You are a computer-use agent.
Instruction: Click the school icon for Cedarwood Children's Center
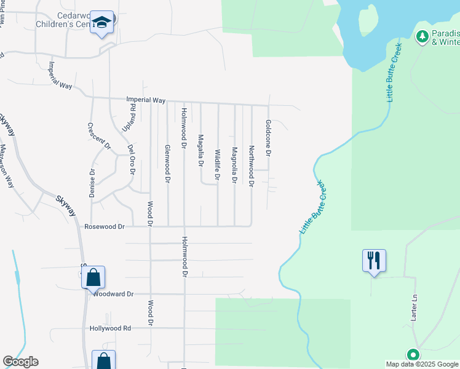pos(101,24)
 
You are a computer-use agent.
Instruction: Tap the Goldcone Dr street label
pos(268,137)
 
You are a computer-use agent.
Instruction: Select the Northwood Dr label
pos(252,165)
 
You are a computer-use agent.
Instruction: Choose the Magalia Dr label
pos(200,151)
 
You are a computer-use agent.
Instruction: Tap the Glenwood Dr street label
pos(167,163)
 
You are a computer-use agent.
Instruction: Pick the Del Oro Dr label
pos(131,159)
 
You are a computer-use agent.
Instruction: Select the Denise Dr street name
pos(93,183)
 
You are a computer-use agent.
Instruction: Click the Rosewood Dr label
pos(105,227)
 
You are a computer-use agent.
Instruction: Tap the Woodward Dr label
pos(114,294)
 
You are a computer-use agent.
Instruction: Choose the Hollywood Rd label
pos(110,328)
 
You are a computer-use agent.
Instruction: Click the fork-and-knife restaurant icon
pos(374,260)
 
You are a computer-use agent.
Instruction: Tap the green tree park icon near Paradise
pos(422,37)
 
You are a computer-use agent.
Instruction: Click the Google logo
pos(20,362)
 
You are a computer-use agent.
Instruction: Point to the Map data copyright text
pos(422,364)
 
